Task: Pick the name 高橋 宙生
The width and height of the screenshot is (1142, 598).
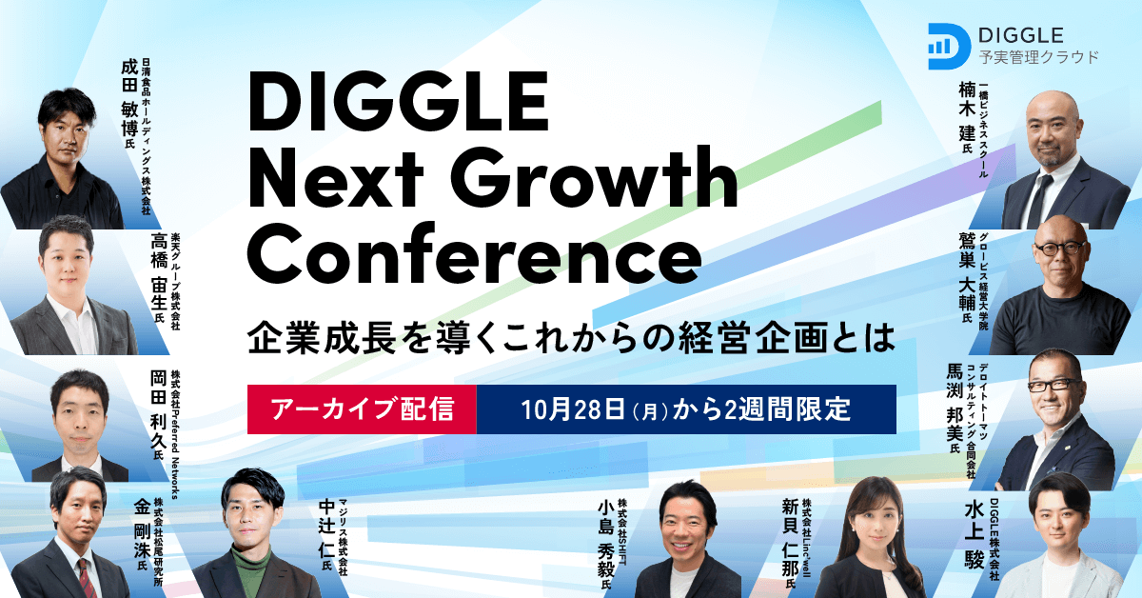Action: click(x=158, y=276)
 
